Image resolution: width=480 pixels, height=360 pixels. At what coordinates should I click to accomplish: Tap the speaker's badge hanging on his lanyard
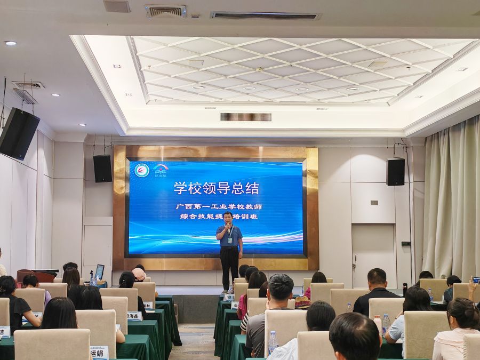click(230, 239)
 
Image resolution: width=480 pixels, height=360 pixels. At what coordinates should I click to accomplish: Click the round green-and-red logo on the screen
click(142, 170)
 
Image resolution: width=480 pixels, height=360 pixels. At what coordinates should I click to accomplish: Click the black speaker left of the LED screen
click(102, 169)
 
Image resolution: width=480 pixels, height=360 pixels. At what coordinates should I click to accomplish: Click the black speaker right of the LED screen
click(395, 172)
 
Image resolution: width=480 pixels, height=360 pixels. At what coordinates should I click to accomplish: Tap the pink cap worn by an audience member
click(139, 274)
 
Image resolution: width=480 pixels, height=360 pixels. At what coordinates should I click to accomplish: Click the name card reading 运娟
click(100, 352)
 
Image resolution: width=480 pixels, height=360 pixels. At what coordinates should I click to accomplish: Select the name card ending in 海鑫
click(134, 316)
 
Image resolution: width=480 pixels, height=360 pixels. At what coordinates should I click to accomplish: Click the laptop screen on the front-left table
click(100, 271)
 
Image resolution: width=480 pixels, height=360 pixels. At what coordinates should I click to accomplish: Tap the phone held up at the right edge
click(476, 279)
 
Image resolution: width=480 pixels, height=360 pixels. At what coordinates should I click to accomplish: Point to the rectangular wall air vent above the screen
click(245, 117)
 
